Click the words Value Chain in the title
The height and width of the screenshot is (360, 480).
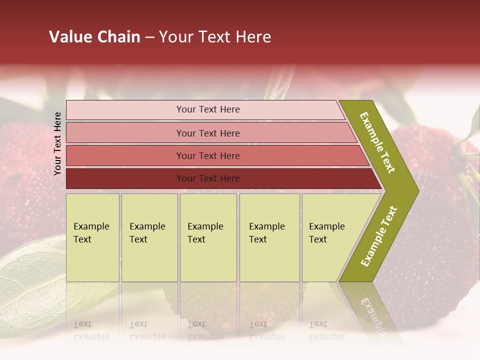tap(94, 37)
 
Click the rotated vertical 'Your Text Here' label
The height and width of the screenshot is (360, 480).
tap(57, 143)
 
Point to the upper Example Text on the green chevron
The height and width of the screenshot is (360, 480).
tap(378, 142)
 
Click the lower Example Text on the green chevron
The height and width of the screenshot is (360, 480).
tap(379, 236)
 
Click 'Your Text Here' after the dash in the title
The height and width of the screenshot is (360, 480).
tap(215, 37)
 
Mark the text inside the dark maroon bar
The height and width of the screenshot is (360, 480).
tap(208, 178)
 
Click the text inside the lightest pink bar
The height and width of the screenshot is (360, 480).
tap(208, 109)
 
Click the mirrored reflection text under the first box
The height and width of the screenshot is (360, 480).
tap(91, 330)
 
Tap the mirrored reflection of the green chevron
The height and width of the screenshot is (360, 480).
tap(372, 310)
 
